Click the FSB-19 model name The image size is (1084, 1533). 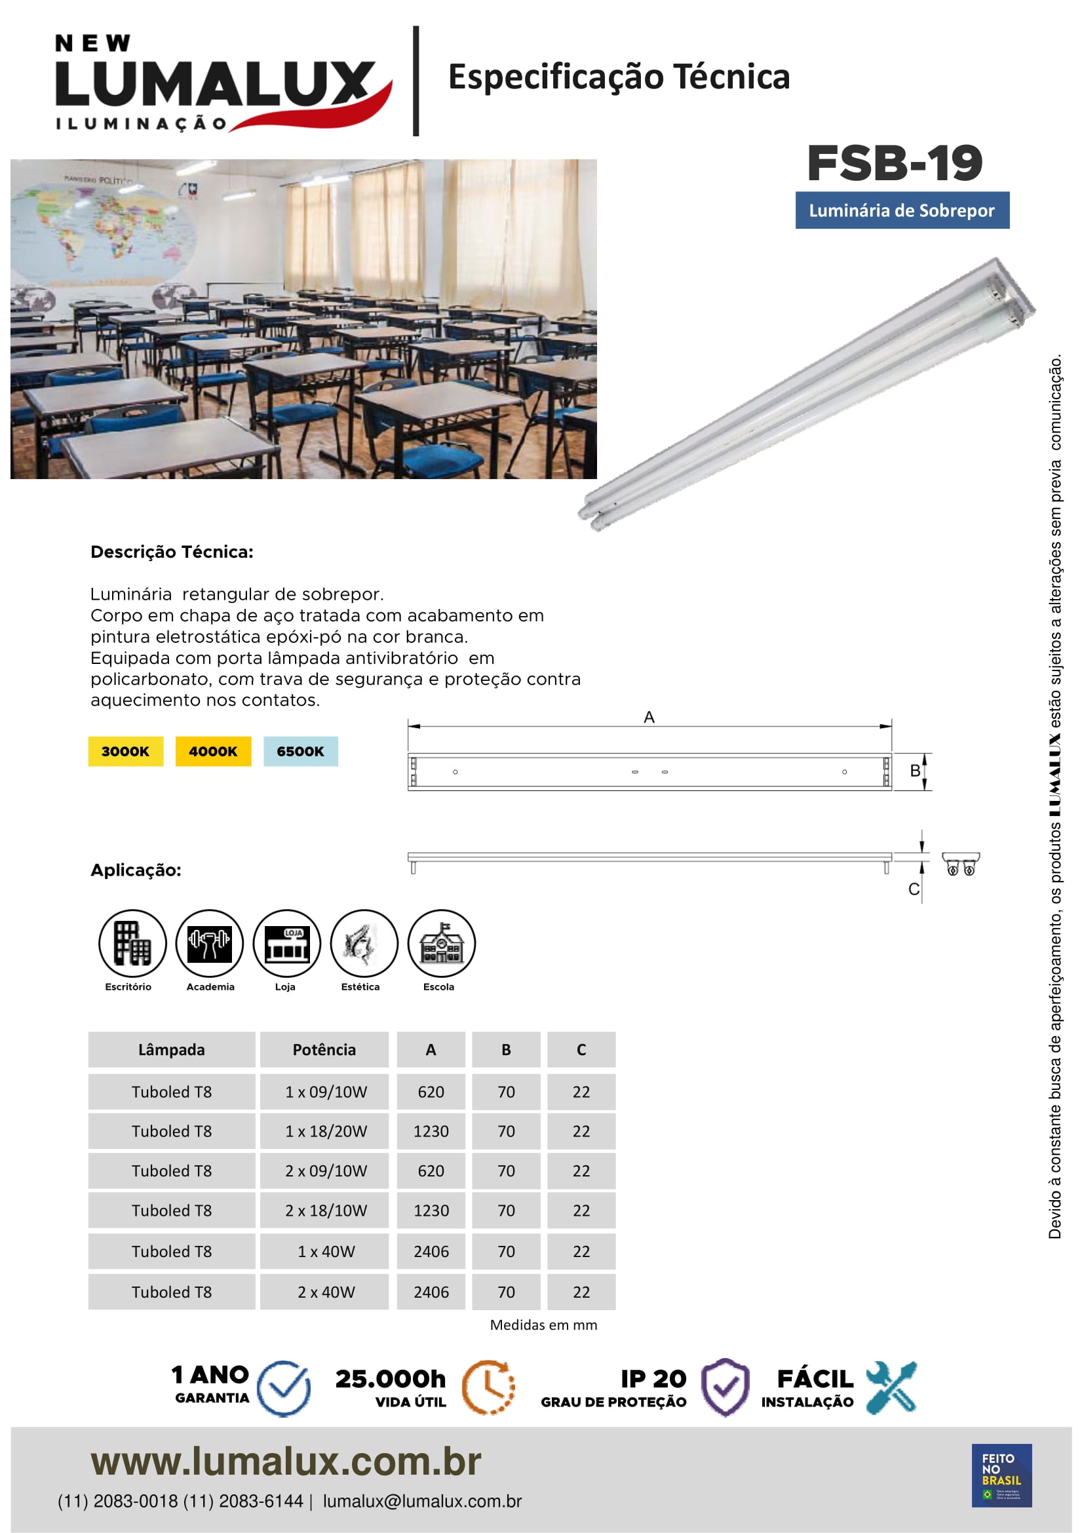895,164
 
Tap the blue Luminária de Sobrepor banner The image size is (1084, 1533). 902,210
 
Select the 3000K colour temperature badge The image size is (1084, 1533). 125,751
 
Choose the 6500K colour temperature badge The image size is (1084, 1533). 300,751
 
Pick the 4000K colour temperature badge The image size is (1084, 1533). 213,751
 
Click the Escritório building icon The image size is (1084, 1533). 132,942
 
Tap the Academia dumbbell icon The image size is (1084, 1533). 210,942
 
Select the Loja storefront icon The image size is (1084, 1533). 287,942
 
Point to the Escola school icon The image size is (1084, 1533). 441,942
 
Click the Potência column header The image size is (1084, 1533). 324,1049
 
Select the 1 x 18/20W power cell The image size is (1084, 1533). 326,1131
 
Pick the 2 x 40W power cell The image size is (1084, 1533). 326,1292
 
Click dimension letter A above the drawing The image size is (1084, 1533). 649,717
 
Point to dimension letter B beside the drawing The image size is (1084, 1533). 915,771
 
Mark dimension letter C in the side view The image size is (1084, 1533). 914,889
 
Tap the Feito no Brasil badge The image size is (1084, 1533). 1001,1475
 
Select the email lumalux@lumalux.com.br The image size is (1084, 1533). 422,1501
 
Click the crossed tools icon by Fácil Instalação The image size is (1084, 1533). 891,1387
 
